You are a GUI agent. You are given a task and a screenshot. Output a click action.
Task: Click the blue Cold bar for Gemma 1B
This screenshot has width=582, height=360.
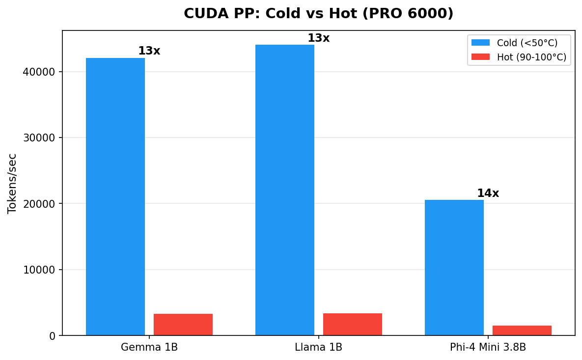115,196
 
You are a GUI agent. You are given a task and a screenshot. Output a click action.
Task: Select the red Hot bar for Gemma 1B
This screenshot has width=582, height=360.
183,325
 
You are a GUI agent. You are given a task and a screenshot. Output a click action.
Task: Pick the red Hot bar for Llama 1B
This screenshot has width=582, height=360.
353,324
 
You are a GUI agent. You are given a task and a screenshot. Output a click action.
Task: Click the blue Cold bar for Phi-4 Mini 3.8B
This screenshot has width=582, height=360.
454,268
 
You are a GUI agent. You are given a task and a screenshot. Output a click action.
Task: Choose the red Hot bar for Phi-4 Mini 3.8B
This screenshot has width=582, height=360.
522,331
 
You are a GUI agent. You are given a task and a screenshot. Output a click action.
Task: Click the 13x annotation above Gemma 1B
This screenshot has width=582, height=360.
149,51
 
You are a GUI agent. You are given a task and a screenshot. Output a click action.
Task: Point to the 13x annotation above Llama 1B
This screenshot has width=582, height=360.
318,38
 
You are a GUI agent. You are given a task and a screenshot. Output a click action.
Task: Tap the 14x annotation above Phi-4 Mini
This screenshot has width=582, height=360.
488,194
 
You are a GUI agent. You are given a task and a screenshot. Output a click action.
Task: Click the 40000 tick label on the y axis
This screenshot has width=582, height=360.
39,72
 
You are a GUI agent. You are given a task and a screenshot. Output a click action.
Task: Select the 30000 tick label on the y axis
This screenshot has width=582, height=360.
39,138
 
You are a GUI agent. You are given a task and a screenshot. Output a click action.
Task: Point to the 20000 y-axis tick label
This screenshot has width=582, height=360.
39,204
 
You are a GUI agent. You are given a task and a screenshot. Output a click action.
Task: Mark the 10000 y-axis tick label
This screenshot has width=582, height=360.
39,270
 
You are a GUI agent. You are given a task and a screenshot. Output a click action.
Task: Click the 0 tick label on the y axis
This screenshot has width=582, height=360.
53,336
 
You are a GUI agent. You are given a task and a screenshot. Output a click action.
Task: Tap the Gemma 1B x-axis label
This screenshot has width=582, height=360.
149,348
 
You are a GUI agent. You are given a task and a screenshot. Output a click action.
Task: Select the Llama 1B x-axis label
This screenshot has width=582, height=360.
318,348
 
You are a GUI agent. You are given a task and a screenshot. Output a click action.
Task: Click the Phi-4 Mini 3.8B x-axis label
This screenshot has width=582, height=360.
488,348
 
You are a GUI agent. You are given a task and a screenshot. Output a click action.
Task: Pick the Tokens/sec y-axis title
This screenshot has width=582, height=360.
12,183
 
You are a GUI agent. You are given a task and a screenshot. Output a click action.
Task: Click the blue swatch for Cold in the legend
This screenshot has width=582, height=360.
480,43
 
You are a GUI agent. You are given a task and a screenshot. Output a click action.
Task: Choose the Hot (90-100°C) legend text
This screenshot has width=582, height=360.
531,57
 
